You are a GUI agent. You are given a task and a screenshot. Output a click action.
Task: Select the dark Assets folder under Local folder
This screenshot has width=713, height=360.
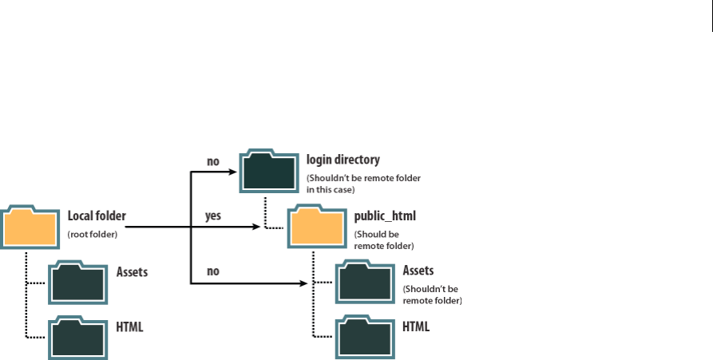pos(78,283)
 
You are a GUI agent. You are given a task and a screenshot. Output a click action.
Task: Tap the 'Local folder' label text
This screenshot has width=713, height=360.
pos(97,216)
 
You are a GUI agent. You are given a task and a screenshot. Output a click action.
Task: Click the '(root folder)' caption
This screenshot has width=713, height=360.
pos(93,234)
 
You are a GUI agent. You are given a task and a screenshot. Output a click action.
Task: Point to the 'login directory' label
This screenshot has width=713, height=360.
pos(343,160)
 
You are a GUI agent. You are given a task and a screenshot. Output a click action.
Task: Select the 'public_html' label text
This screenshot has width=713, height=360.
pos(385,216)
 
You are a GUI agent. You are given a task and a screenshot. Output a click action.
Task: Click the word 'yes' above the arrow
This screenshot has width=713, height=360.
pos(212,216)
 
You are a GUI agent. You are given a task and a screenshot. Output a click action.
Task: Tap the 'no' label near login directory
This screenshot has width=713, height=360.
pos(213,161)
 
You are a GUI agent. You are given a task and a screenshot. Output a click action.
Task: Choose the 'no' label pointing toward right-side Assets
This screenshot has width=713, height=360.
pos(213,271)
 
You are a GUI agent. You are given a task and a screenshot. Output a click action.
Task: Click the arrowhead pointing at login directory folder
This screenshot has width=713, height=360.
pos(233,172)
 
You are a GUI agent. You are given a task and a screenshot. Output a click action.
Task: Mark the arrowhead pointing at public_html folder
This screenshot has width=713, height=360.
pos(256,227)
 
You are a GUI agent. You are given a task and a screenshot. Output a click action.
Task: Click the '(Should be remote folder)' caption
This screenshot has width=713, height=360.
pos(383,240)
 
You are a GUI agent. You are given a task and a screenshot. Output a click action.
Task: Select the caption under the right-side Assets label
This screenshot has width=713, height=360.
pos(433,295)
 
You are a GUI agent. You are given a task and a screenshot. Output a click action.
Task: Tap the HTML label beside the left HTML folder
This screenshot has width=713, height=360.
pos(129,326)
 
